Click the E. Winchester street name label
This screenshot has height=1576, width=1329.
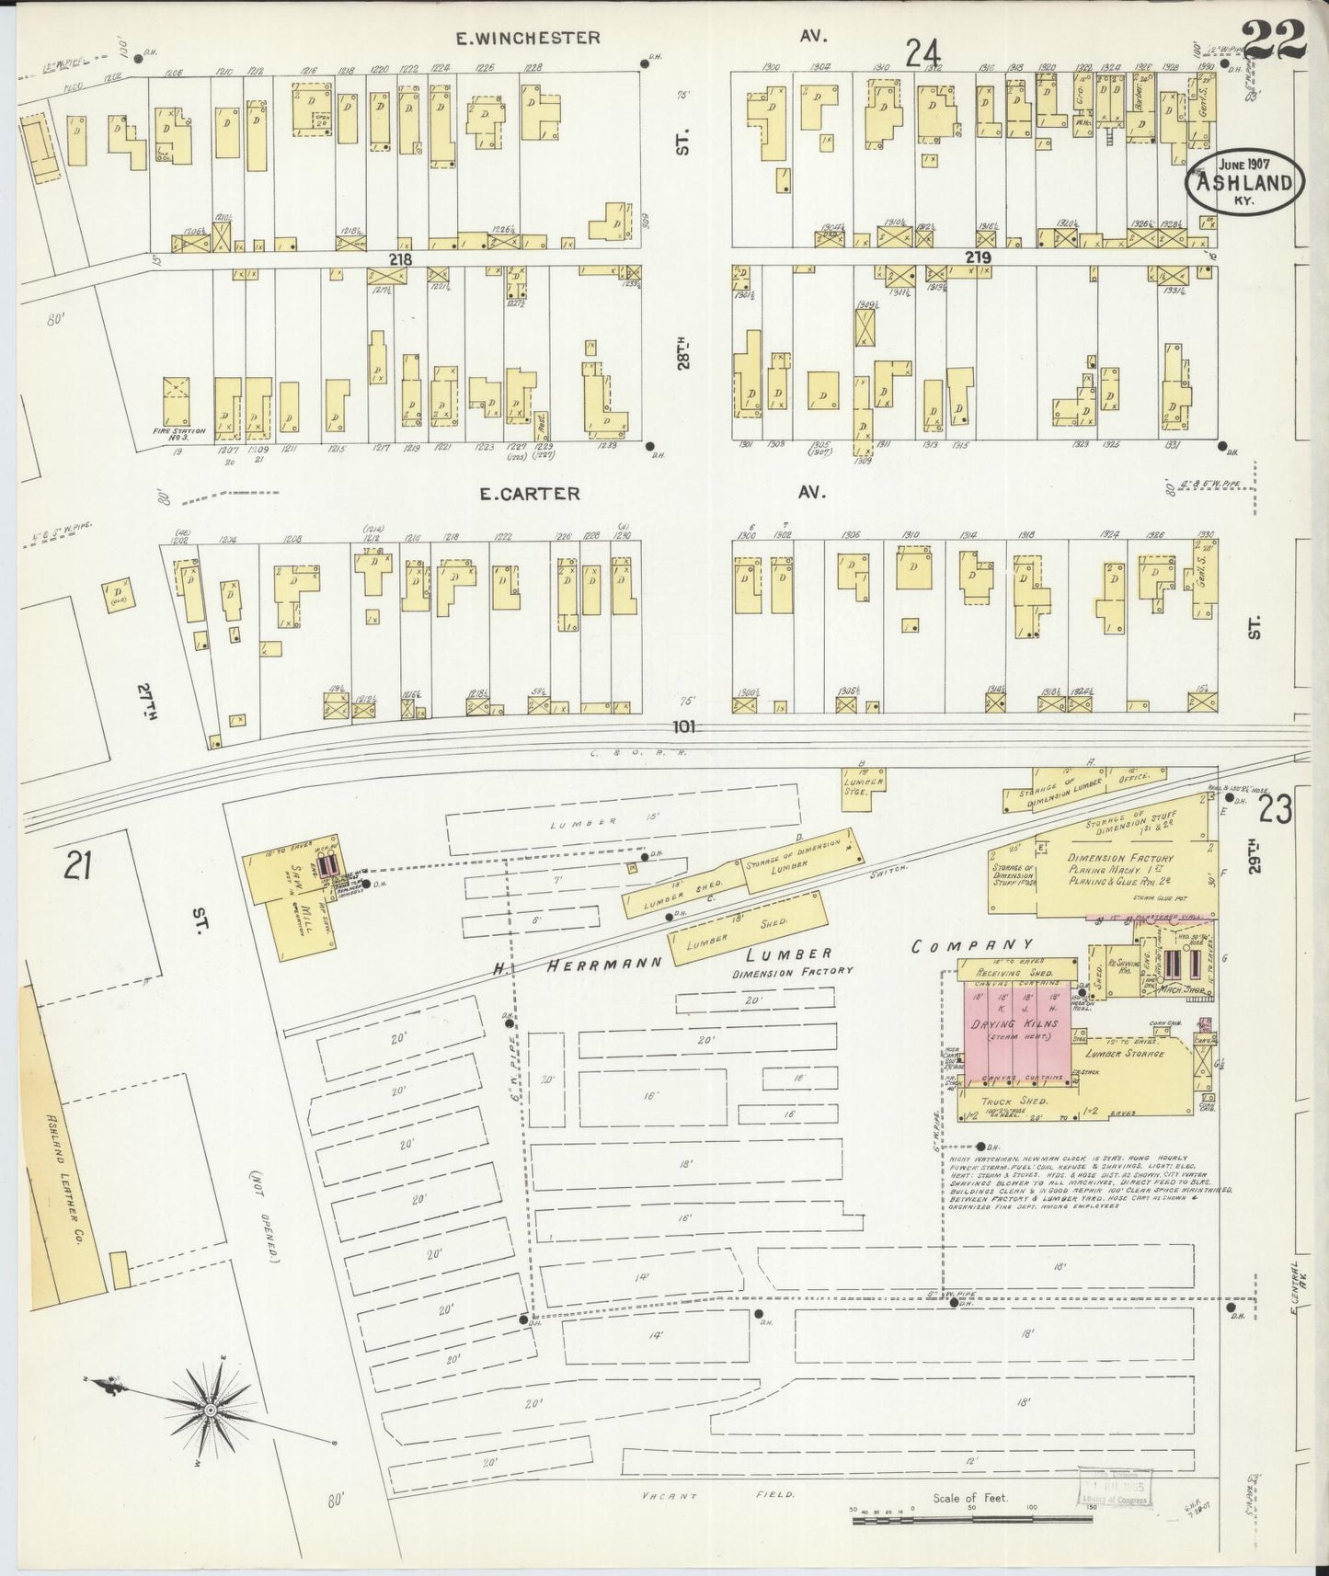[x=529, y=38]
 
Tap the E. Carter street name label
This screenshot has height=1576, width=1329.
[x=530, y=494]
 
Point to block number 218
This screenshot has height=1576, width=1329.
[x=399, y=259]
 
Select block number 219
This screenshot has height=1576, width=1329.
[x=978, y=258]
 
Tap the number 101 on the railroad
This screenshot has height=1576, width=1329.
[x=682, y=726]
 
